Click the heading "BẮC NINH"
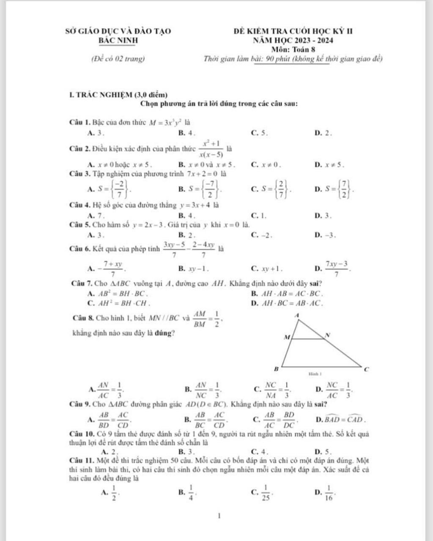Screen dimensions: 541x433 click(x=118, y=41)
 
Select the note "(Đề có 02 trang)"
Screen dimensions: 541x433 click(x=118, y=59)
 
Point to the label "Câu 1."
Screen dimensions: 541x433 click(x=79, y=123)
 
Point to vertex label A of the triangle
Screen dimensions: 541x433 click(x=296, y=315)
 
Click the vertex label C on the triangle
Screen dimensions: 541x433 click(x=366, y=369)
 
